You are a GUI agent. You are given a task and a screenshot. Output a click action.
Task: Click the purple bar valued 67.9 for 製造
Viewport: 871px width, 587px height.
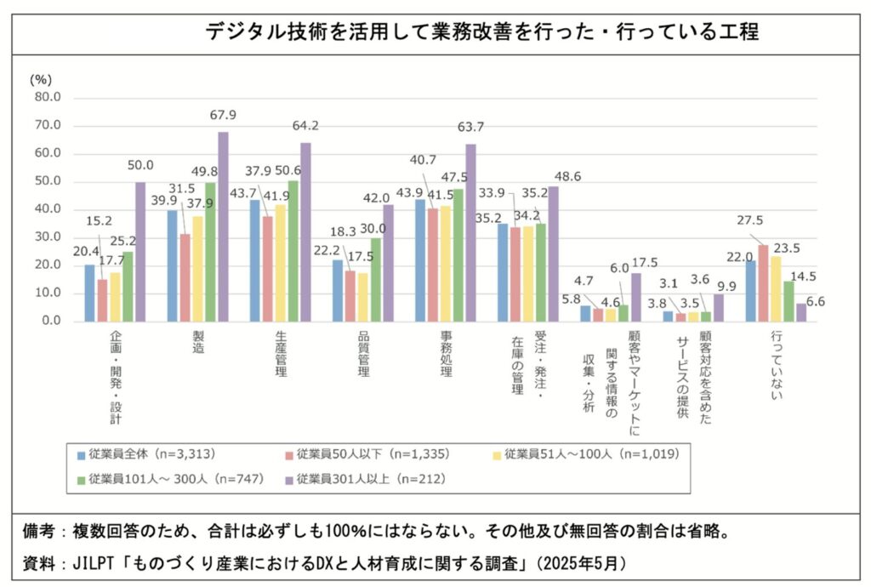click(223, 226)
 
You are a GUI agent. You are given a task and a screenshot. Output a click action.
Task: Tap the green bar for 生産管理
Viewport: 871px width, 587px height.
click(293, 251)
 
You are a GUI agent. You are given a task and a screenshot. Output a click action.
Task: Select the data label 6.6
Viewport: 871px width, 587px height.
click(815, 302)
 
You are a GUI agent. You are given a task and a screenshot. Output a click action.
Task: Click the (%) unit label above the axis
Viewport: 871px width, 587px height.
click(41, 78)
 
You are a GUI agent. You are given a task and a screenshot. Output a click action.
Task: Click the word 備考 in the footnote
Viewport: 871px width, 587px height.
click(40, 532)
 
